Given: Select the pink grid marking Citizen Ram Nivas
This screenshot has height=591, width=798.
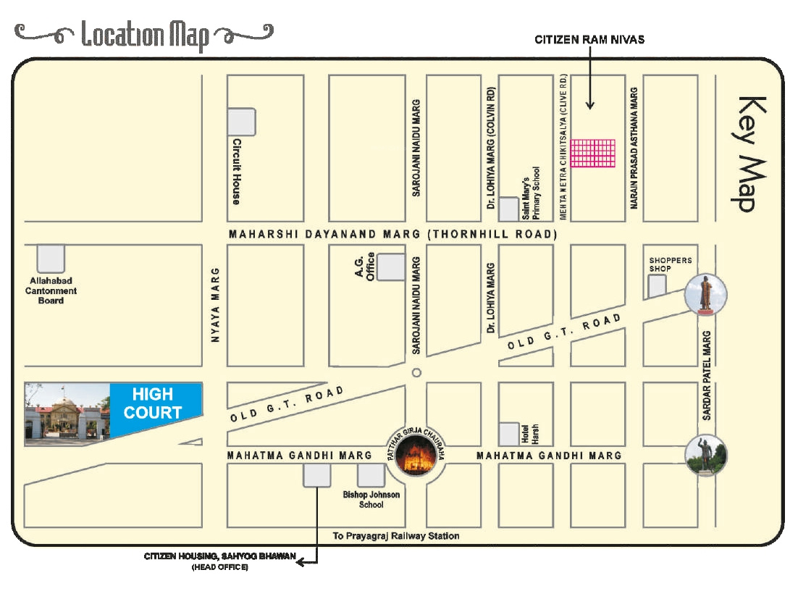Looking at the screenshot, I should pos(592,154).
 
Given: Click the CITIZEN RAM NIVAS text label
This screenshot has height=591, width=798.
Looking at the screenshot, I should pos(589,40).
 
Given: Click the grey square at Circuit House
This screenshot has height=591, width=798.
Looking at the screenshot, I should pos(241,122).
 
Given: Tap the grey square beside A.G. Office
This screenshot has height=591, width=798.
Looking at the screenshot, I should pos(392,267).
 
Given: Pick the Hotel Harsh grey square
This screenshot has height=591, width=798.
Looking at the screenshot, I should pos(510,432).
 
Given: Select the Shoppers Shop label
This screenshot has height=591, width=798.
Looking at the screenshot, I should pos(670,264).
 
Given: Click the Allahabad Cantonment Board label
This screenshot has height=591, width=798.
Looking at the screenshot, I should pos(51,290).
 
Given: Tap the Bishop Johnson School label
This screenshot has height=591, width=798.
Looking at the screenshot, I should pos(371,500).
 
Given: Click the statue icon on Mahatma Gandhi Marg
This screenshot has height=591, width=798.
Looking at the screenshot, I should pos(705,455).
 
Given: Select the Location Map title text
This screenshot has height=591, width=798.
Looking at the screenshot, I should pos(145,34).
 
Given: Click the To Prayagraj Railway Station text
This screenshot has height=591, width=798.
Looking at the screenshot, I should pos(395,536).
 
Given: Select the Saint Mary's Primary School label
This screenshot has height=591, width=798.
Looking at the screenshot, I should pos(532,193).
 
